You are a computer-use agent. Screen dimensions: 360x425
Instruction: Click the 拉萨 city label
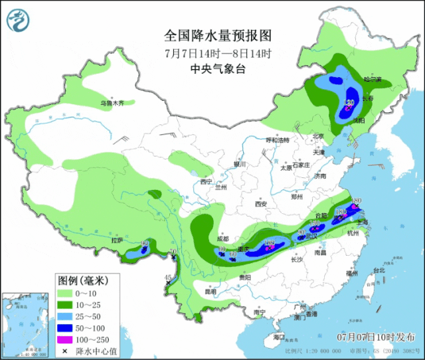click(118, 240)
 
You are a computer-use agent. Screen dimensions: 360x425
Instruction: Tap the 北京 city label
click(319, 136)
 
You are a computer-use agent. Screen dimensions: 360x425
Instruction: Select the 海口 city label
click(279, 337)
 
